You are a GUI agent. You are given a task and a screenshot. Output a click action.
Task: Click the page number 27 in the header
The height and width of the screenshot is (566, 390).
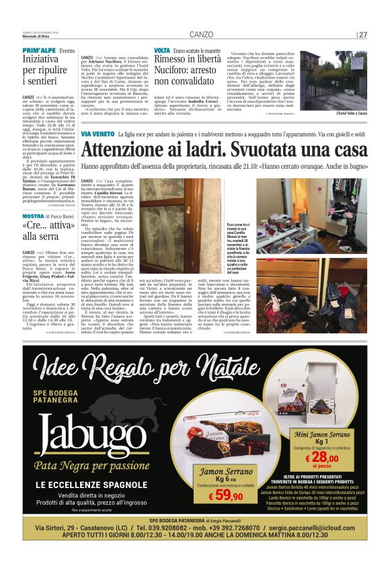point(363,34)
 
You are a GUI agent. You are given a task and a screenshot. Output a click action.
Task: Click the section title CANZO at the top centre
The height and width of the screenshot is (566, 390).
point(201,34)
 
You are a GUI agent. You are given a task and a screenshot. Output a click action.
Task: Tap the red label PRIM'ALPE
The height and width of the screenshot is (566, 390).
point(38,51)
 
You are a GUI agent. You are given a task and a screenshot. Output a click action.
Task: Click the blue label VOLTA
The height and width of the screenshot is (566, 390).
point(162,51)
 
